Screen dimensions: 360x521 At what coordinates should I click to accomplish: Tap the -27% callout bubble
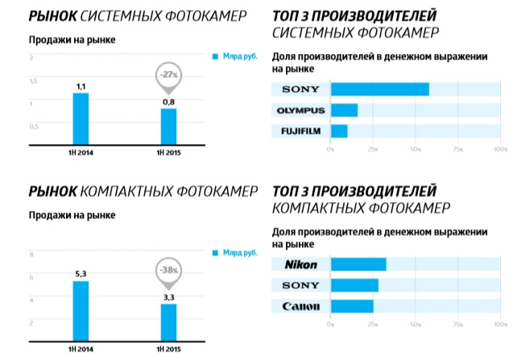pyautogui.click(x=168, y=75)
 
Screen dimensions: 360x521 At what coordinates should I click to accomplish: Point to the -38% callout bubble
pyautogui.click(x=168, y=270)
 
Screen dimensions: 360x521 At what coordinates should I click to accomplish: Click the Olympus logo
pyautogui.click(x=300, y=110)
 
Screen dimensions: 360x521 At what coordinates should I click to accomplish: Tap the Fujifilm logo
pyautogui.click(x=300, y=130)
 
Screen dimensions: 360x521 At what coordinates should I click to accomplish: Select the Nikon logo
pyautogui.click(x=300, y=264)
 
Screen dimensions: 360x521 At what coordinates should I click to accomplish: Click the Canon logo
pyautogui.click(x=300, y=306)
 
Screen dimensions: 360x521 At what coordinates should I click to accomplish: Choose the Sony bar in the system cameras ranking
pyautogui.click(x=379, y=89)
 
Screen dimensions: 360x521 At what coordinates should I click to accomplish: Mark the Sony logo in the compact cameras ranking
pyautogui.click(x=300, y=285)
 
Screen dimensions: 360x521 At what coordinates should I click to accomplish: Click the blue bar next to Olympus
pyautogui.click(x=344, y=110)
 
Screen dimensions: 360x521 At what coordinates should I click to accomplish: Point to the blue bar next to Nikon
pyautogui.click(x=358, y=264)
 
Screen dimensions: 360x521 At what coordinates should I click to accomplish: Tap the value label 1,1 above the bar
pyautogui.click(x=81, y=86)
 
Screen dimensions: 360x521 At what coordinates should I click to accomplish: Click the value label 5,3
pyautogui.click(x=81, y=274)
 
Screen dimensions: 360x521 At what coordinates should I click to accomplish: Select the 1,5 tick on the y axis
pyautogui.click(x=33, y=81)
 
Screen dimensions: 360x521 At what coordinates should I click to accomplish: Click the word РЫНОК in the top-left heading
pyautogui.click(x=50, y=14)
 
